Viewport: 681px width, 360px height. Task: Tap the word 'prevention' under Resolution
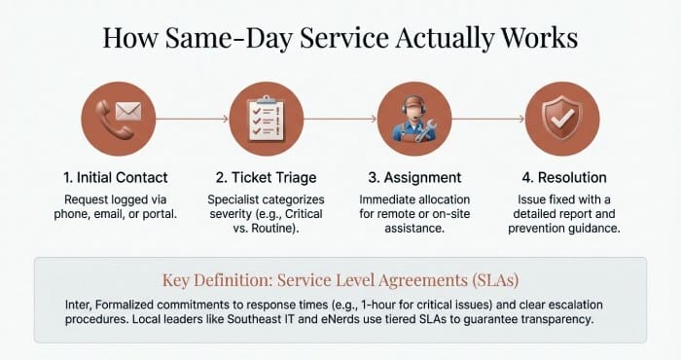541,228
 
